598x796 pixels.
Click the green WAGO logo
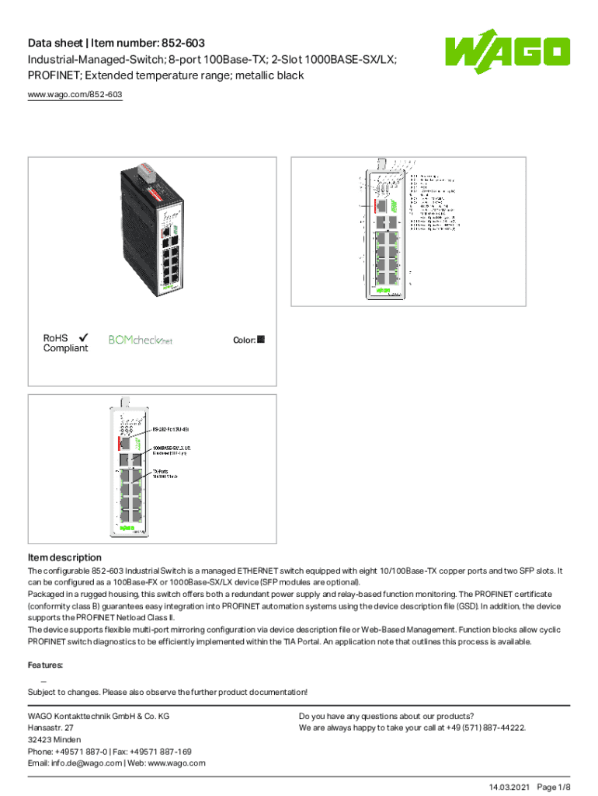[x=507, y=53]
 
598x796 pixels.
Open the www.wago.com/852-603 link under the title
[x=75, y=95]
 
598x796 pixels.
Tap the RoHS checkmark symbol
[x=82, y=337]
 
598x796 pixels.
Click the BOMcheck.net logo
[x=141, y=340]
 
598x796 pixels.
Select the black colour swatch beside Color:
[x=261, y=340]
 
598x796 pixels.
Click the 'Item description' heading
[x=64, y=557]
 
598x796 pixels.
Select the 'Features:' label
[x=46, y=665]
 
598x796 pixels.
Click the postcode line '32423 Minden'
[x=54, y=739]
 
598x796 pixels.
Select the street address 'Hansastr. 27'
[x=51, y=728]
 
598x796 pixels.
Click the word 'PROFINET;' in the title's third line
[x=55, y=75]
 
